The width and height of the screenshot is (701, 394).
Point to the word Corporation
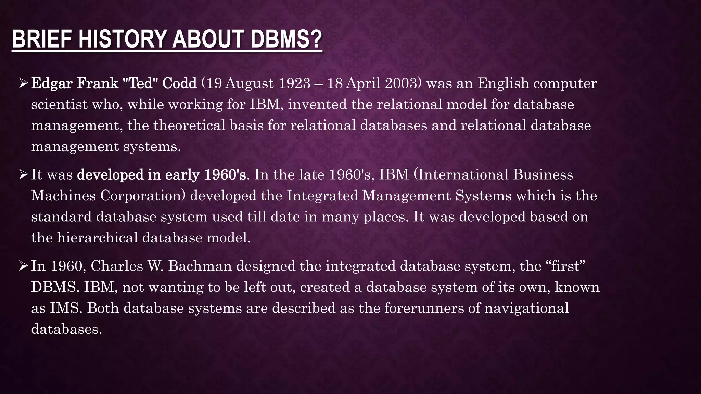pos(143,196)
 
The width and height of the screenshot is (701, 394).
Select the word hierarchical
pos(97,238)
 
